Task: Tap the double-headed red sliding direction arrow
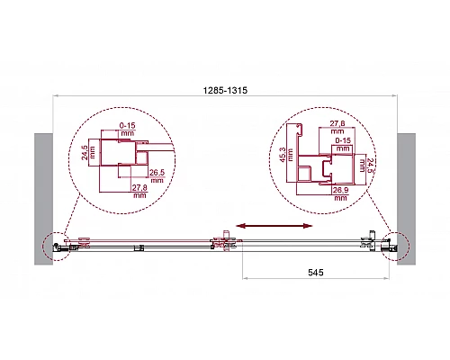click(274, 226)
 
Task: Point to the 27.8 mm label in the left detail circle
click(139, 190)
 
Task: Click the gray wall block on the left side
click(46, 198)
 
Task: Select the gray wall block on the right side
click(407, 198)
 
